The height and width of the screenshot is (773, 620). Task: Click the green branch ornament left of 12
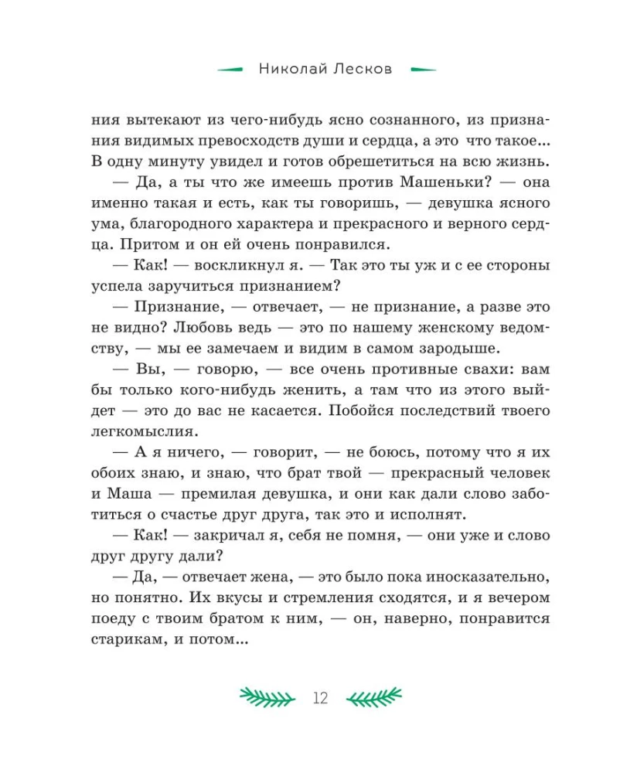pyautogui.click(x=267, y=697)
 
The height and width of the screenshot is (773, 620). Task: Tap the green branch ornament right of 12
pyautogui.click(x=374, y=697)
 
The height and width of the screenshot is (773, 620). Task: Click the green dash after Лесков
pyautogui.click(x=422, y=70)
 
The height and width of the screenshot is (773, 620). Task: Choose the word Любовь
pyautogui.click(x=178, y=326)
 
